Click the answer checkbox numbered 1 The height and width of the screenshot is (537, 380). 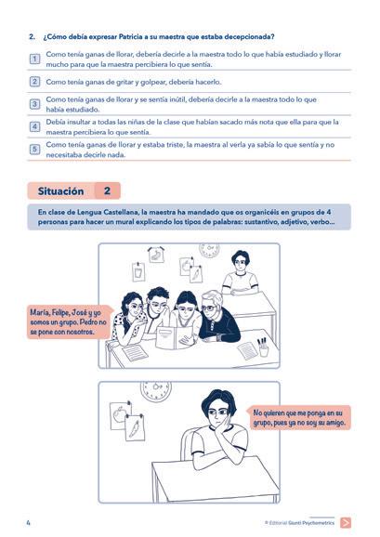34,59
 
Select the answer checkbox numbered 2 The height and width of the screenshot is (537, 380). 34,82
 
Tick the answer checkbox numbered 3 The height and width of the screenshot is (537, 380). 34,104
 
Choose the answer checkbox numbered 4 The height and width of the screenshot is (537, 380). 34,126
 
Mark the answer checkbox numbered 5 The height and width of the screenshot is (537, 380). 34,150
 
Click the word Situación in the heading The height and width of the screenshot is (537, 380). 60,191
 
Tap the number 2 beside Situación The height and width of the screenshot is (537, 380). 107,190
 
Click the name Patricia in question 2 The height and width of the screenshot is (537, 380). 130,36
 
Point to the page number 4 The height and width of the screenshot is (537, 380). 29,523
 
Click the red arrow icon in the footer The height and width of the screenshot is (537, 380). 346,523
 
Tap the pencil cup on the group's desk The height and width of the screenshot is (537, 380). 263,347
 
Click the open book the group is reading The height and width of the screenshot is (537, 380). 175,337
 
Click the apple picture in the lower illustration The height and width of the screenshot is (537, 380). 120,415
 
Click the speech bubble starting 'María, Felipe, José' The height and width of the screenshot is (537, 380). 70,322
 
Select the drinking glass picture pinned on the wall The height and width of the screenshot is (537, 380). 138,272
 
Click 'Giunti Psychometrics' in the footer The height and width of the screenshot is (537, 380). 311,523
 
